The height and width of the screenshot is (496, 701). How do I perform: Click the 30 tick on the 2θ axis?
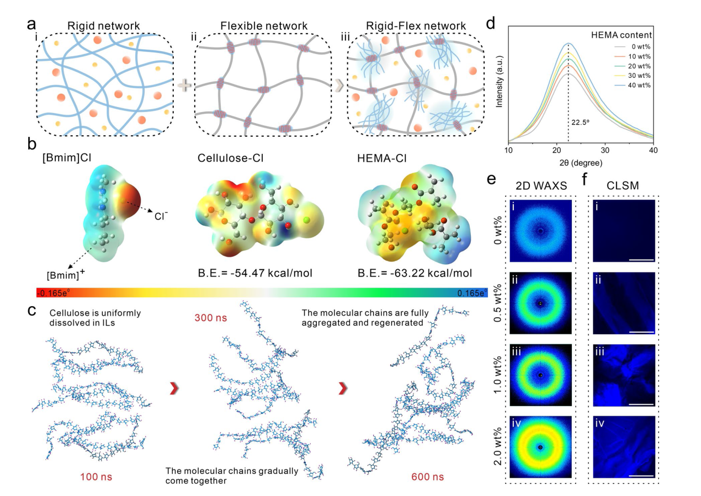[x=604, y=150]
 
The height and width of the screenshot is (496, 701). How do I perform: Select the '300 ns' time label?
[x=210, y=318]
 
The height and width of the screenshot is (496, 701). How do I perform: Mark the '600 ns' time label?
[x=428, y=476]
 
